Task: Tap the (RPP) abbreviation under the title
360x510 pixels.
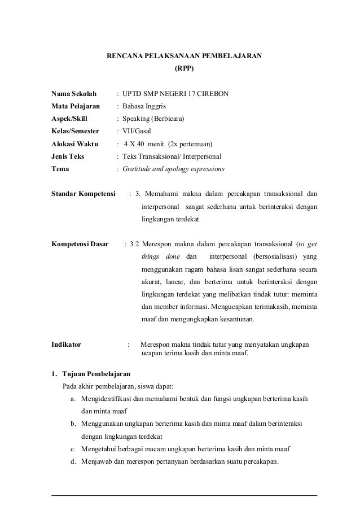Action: [x=184, y=71]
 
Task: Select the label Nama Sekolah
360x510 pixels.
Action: [x=74, y=93]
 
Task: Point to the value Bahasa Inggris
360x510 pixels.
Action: [x=144, y=106]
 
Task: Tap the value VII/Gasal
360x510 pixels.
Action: [x=137, y=131]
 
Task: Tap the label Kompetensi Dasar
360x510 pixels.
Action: [x=80, y=245]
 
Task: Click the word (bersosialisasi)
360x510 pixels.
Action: [x=273, y=257]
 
